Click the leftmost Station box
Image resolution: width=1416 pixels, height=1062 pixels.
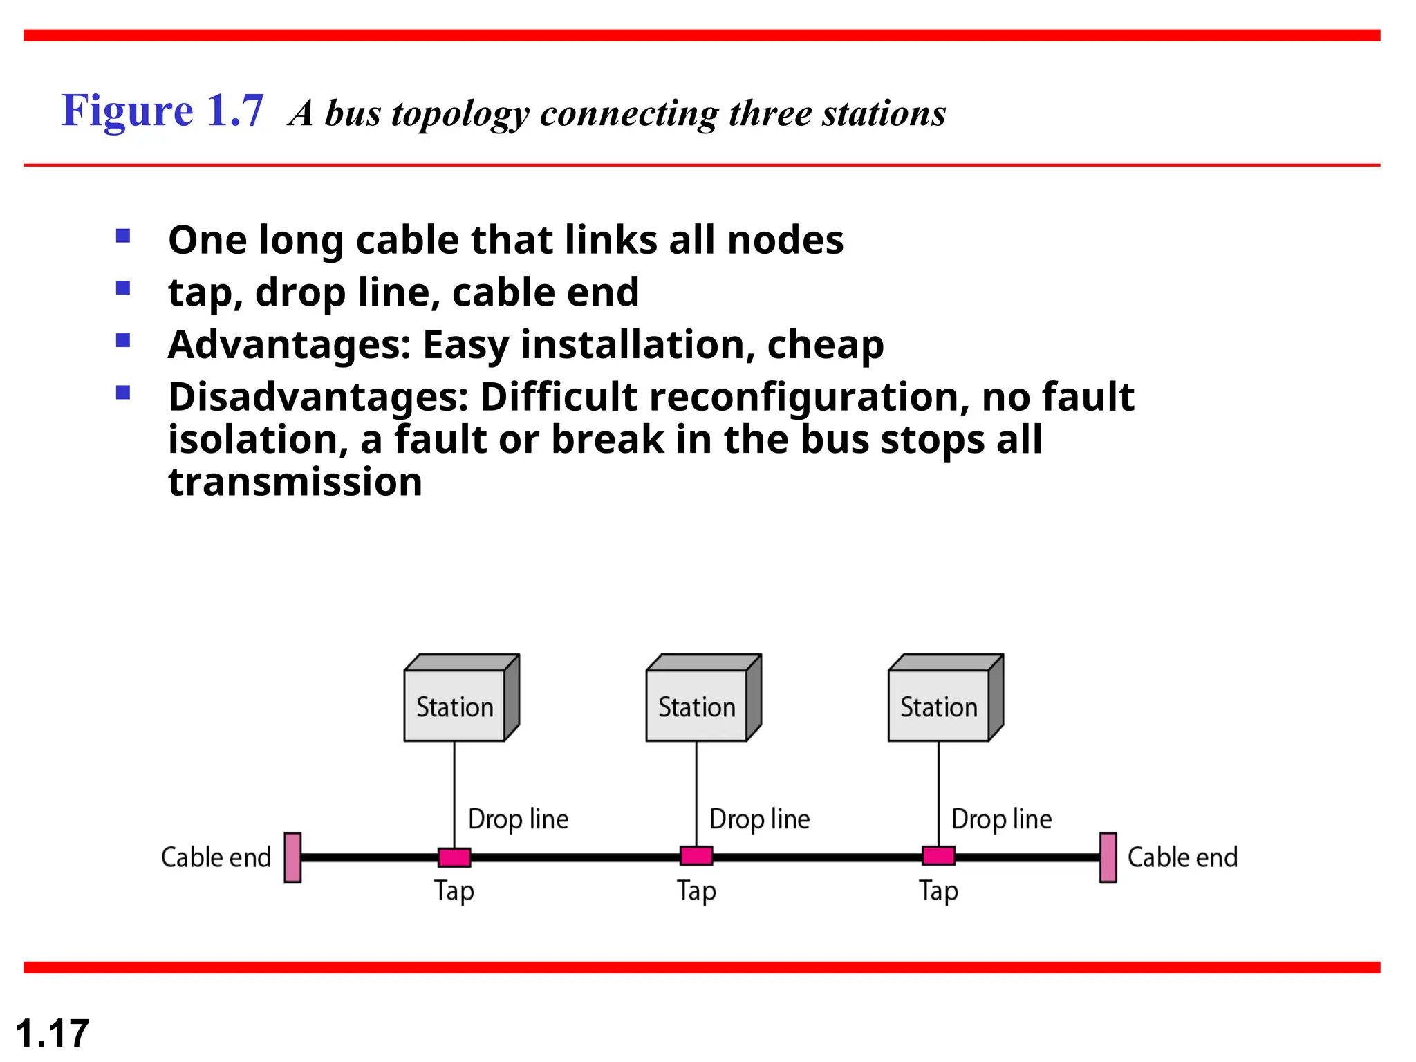pos(455,705)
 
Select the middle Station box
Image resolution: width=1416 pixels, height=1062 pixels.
pos(697,705)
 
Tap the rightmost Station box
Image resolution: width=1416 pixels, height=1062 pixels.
pos(939,705)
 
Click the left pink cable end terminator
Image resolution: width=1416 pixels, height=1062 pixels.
pos(292,857)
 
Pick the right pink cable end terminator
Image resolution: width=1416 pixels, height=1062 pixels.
pos(1108,857)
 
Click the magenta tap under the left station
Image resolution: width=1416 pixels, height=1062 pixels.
pos(454,857)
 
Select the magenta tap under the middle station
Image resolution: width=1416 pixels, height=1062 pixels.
pos(696,856)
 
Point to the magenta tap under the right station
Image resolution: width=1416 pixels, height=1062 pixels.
pos(938,856)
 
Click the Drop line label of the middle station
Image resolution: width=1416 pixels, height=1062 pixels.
pos(759,819)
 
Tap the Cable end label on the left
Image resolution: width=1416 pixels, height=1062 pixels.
pos(216,857)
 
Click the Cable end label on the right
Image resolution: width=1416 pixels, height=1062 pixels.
pos(1182,857)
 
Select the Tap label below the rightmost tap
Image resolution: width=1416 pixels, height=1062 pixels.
pos(938,891)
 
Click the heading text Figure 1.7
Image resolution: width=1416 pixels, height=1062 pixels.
pos(162,111)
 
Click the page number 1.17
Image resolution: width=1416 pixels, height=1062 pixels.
pos(52,1034)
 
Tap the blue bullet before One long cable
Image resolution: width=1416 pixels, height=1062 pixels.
pos(123,236)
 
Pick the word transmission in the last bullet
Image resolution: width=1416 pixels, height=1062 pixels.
pos(295,482)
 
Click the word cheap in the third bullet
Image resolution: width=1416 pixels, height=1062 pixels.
pos(825,344)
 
